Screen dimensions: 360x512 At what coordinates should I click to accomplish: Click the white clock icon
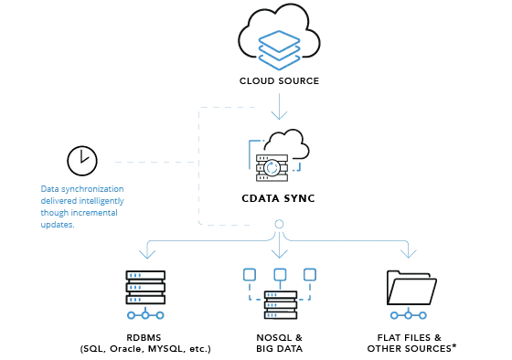[82, 161]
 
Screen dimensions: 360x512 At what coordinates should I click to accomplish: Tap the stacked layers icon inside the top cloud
[279, 49]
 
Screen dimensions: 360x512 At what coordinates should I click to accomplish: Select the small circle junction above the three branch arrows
[279, 224]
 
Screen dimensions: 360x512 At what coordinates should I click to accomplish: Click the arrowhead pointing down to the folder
[408, 252]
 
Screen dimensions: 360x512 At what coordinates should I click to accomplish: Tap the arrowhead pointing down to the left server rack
[146, 252]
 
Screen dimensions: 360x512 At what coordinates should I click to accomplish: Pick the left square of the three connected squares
[250, 274]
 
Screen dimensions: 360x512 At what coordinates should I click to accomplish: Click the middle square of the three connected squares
[280, 274]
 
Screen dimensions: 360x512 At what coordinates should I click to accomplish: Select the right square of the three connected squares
[310, 274]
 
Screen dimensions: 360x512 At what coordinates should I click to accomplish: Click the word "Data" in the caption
[49, 189]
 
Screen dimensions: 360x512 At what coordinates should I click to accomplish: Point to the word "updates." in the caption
[58, 225]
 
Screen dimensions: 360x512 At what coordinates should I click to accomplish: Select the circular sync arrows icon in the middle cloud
[272, 169]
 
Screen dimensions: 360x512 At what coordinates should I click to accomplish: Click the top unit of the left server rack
[145, 275]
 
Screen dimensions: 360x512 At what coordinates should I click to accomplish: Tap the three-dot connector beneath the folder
[408, 315]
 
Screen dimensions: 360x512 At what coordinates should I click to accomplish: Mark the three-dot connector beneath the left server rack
[145, 315]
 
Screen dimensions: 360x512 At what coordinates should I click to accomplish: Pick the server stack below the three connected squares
[281, 305]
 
